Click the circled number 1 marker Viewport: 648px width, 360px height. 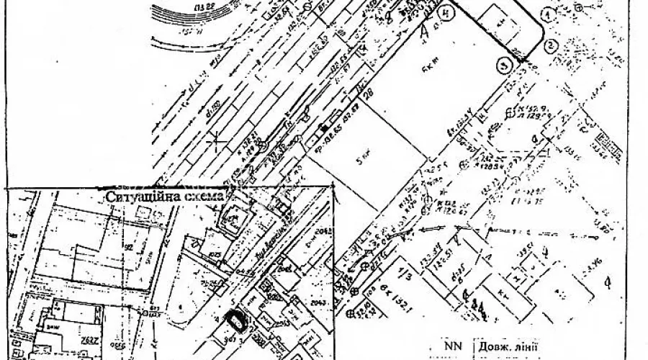[549, 14]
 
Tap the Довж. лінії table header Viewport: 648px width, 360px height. [505, 348]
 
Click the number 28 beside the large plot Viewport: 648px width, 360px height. [370, 94]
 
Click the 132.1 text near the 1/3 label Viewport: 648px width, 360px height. [395, 315]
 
